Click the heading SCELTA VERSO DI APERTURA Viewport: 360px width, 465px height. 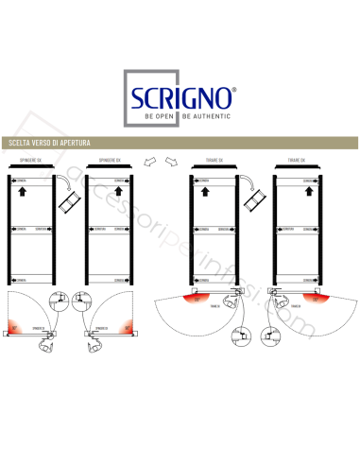[x=49, y=143]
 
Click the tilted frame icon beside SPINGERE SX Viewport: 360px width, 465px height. [x=67, y=200]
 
